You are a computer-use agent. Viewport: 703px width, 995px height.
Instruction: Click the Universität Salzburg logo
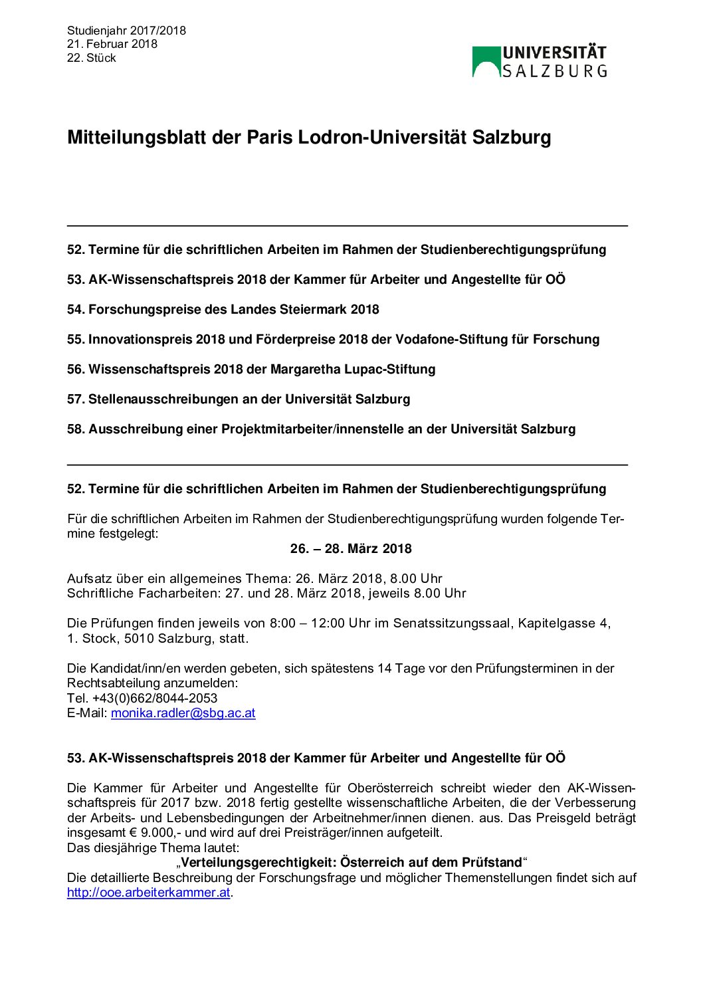click(540, 62)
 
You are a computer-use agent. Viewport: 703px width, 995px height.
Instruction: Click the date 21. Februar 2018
click(112, 44)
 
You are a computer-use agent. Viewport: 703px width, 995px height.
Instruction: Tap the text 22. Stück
click(92, 58)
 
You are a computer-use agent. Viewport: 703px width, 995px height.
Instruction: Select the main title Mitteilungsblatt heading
click(309, 138)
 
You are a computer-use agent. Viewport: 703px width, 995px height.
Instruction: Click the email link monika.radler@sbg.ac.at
click(183, 713)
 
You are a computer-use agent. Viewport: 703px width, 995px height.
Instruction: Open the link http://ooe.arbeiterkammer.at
click(149, 893)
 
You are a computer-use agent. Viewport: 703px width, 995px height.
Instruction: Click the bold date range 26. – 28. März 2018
click(351, 549)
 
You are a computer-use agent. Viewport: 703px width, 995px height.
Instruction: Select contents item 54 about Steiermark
click(223, 310)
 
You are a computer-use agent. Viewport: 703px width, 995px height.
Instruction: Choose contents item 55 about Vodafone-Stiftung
click(333, 340)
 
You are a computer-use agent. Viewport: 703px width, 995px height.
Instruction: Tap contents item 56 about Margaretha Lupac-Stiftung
click(251, 370)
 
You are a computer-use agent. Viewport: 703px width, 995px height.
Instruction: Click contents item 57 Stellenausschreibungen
click(239, 399)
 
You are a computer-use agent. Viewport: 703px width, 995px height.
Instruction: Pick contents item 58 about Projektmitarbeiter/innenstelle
click(321, 429)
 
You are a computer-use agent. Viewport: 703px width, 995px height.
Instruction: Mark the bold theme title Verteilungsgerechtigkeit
click(351, 863)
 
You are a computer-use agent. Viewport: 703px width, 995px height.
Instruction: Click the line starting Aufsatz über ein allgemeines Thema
click(254, 579)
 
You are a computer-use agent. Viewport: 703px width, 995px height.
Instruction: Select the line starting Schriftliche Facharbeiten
click(266, 594)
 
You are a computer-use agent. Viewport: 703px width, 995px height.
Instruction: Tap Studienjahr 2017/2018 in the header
click(126, 31)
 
